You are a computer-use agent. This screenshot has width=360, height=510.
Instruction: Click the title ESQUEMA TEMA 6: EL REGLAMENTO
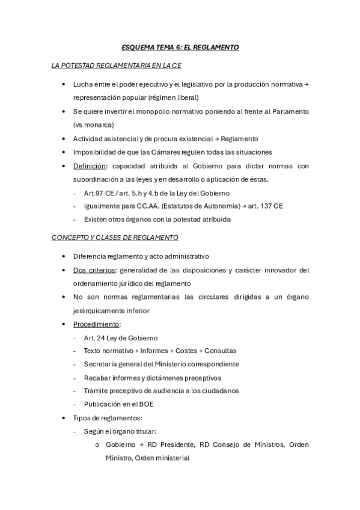click(180, 47)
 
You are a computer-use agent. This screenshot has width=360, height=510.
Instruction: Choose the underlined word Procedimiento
click(96, 324)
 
